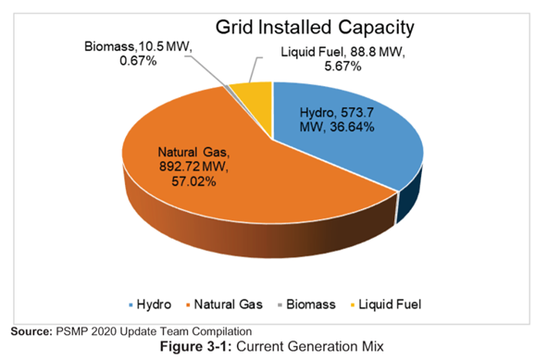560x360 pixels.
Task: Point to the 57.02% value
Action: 193,181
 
